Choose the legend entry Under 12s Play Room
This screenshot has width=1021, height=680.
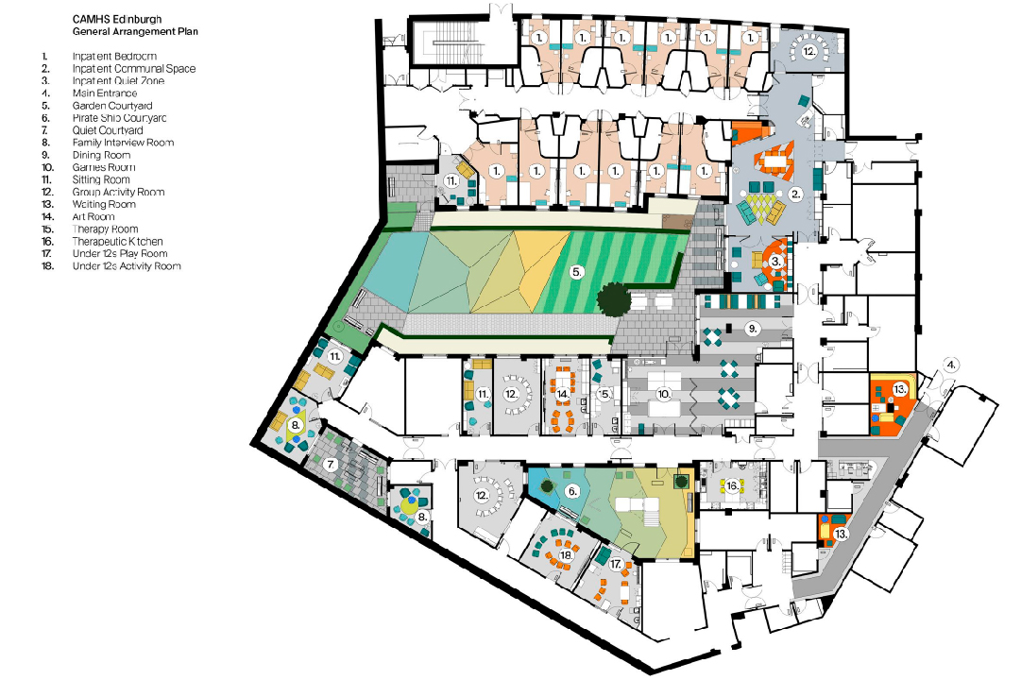[x=120, y=254]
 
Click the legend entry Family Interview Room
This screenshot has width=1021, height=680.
[x=123, y=143]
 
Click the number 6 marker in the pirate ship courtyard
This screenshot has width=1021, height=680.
[x=572, y=491]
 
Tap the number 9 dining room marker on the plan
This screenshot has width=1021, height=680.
[x=753, y=328]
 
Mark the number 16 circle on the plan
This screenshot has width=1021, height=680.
[x=732, y=485]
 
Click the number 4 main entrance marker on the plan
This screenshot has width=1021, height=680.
[x=952, y=364]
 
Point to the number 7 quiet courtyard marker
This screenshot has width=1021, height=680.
[x=332, y=464]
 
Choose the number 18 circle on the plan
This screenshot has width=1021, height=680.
[x=567, y=556]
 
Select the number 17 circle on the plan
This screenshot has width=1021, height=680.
[x=617, y=564]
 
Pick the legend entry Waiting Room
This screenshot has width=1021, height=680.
[x=104, y=204]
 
